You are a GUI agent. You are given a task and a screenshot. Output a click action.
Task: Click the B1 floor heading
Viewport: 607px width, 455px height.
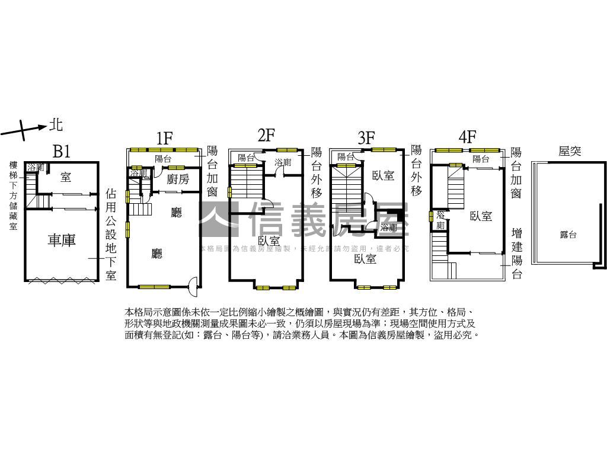[62, 151]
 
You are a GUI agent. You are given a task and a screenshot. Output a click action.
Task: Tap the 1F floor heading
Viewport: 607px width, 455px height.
[164, 138]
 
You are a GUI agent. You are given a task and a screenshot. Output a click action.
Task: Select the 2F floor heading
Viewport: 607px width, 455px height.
[266, 135]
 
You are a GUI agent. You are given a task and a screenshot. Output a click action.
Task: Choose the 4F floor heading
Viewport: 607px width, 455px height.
[468, 137]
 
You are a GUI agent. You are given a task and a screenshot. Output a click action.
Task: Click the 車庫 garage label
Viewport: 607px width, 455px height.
[62, 241]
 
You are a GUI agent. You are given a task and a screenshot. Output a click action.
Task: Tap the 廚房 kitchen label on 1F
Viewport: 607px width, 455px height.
[178, 180]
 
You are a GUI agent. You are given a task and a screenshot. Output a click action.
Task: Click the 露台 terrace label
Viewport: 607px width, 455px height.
[568, 235]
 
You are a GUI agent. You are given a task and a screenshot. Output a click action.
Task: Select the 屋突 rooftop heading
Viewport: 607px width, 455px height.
[570, 151]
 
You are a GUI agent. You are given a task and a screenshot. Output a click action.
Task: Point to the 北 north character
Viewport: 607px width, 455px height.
[56, 124]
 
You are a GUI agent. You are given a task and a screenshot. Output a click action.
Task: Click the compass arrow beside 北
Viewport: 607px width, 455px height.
[24, 129]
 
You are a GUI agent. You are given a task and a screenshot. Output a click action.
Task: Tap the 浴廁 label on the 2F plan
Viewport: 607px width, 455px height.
[283, 162]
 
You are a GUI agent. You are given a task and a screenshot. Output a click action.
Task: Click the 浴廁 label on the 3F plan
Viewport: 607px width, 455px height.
[389, 227]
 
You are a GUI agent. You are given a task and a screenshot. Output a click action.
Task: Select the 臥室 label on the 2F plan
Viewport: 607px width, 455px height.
[269, 241]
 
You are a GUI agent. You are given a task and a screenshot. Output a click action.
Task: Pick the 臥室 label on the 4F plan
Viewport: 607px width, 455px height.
[481, 216]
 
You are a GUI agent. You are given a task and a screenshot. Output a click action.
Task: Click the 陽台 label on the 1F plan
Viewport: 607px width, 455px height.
[163, 159]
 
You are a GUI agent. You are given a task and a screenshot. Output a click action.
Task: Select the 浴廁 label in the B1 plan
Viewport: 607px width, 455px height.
[36, 168]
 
